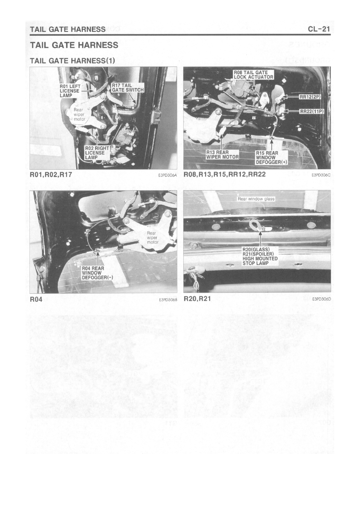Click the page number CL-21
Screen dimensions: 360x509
pos(319,29)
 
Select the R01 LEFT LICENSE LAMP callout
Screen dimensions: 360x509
pos(70,91)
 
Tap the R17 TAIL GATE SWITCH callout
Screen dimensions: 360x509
pos(128,88)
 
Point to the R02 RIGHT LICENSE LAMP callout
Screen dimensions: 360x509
pos(97,153)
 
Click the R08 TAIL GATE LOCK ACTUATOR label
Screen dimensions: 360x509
pos(254,75)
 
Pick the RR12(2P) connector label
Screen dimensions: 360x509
pos(310,97)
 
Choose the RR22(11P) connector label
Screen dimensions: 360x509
pos(312,112)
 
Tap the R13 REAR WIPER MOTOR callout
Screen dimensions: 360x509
pos(223,154)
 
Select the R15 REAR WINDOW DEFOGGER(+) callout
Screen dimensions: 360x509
pos(272,158)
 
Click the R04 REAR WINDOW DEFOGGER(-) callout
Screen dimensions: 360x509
pos(97,273)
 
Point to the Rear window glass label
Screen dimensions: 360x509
pos(256,199)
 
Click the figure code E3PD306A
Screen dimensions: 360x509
pos(168,175)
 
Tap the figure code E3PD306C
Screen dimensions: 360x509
pos(321,175)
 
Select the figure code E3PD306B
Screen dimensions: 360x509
pos(168,299)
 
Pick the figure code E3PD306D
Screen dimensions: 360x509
pos(321,299)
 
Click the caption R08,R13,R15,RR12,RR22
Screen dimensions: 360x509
pos(225,175)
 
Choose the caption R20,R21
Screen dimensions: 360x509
pos(197,299)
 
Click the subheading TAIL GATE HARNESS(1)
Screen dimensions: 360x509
pos(73,61)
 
